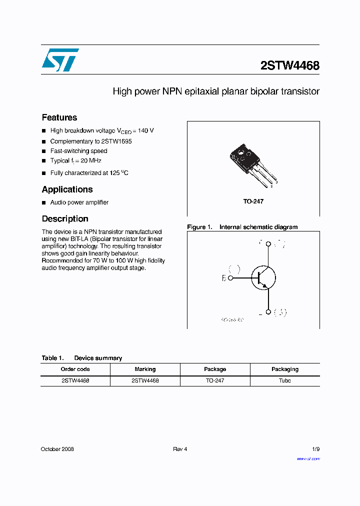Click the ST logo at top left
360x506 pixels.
[x=60, y=60]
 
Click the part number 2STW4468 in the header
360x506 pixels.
[x=289, y=65]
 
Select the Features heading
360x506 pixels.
[x=59, y=117]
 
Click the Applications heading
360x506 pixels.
[x=67, y=189]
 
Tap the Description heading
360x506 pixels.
[x=65, y=219]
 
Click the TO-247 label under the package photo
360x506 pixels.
[x=253, y=201]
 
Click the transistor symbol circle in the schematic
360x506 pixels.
[x=263, y=278]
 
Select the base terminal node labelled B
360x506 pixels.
[x=230, y=278]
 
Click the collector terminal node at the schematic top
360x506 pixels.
[x=268, y=244]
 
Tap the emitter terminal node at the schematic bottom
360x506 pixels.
[x=268, y=312]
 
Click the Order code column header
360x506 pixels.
[x=75, y=369]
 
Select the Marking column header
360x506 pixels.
[x=145, y=369]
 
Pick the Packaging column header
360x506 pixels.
[x=284, y=369]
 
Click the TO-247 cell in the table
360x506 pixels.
[x=214, y=380]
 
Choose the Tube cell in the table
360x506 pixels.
[x=284, y=380]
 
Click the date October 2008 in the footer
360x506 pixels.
[x=57, y=449]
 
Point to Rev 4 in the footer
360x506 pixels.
[x=180, y=449]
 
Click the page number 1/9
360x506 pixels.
[x=315, y=449]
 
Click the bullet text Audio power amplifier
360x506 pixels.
[x=79, y=202]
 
